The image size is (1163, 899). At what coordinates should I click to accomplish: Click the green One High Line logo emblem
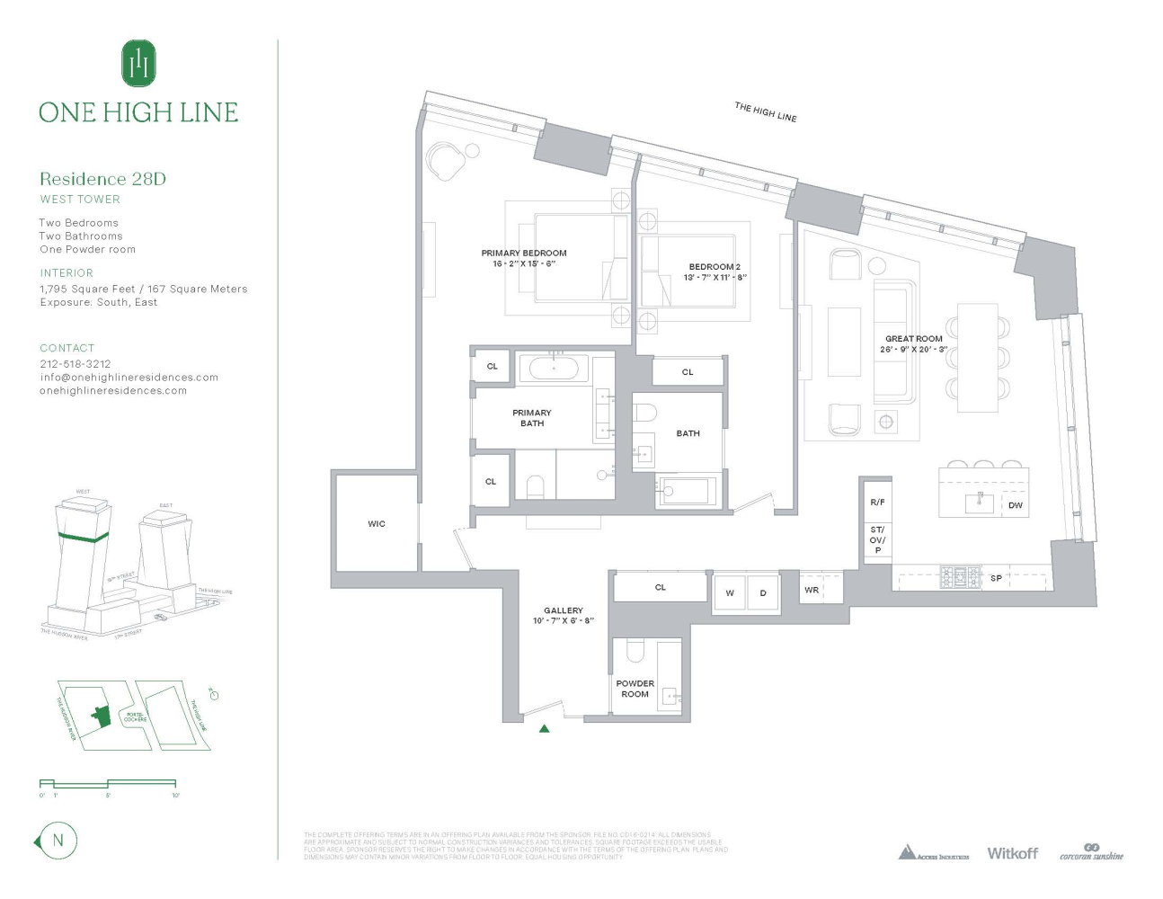click(x=138, y=64)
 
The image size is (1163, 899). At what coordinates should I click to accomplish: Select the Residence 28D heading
click(x=102, y=179)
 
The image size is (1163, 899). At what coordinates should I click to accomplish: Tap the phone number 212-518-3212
click(x=75, y=364)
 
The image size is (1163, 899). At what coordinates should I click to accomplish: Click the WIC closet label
click(x=377, y=523)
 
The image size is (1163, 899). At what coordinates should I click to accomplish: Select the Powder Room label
click(x=635, y=689)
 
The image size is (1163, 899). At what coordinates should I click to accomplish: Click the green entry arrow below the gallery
click(x=544, y=728)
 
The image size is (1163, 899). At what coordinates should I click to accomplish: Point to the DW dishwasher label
click(x=1016, y=505)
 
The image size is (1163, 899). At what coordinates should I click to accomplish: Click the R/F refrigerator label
click(x=877, y=503)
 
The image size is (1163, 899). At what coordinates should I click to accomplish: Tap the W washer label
click(x=730, y=593)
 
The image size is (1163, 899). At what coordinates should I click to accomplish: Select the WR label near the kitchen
click(x=812, y=590)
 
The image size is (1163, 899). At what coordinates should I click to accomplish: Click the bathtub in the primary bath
click(x=554, y=368)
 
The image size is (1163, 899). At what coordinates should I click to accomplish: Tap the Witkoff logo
click(x=1012, y=853)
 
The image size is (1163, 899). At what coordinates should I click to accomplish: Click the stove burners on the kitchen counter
click(x=960, y=577)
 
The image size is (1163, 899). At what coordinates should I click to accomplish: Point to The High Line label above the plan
click(x=766, y=111)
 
